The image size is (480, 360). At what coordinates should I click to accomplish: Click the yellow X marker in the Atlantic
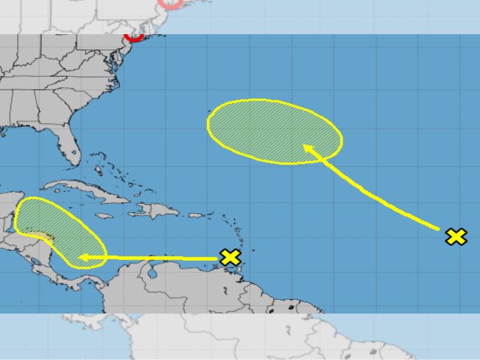click(x=456, y=236)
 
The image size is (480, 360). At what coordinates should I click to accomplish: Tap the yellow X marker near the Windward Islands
click(x=230, y=257)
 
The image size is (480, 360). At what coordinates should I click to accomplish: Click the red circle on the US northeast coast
click(x=134, y=37)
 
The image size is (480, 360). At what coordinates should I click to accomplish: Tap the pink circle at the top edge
click(x=170, y=4)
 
